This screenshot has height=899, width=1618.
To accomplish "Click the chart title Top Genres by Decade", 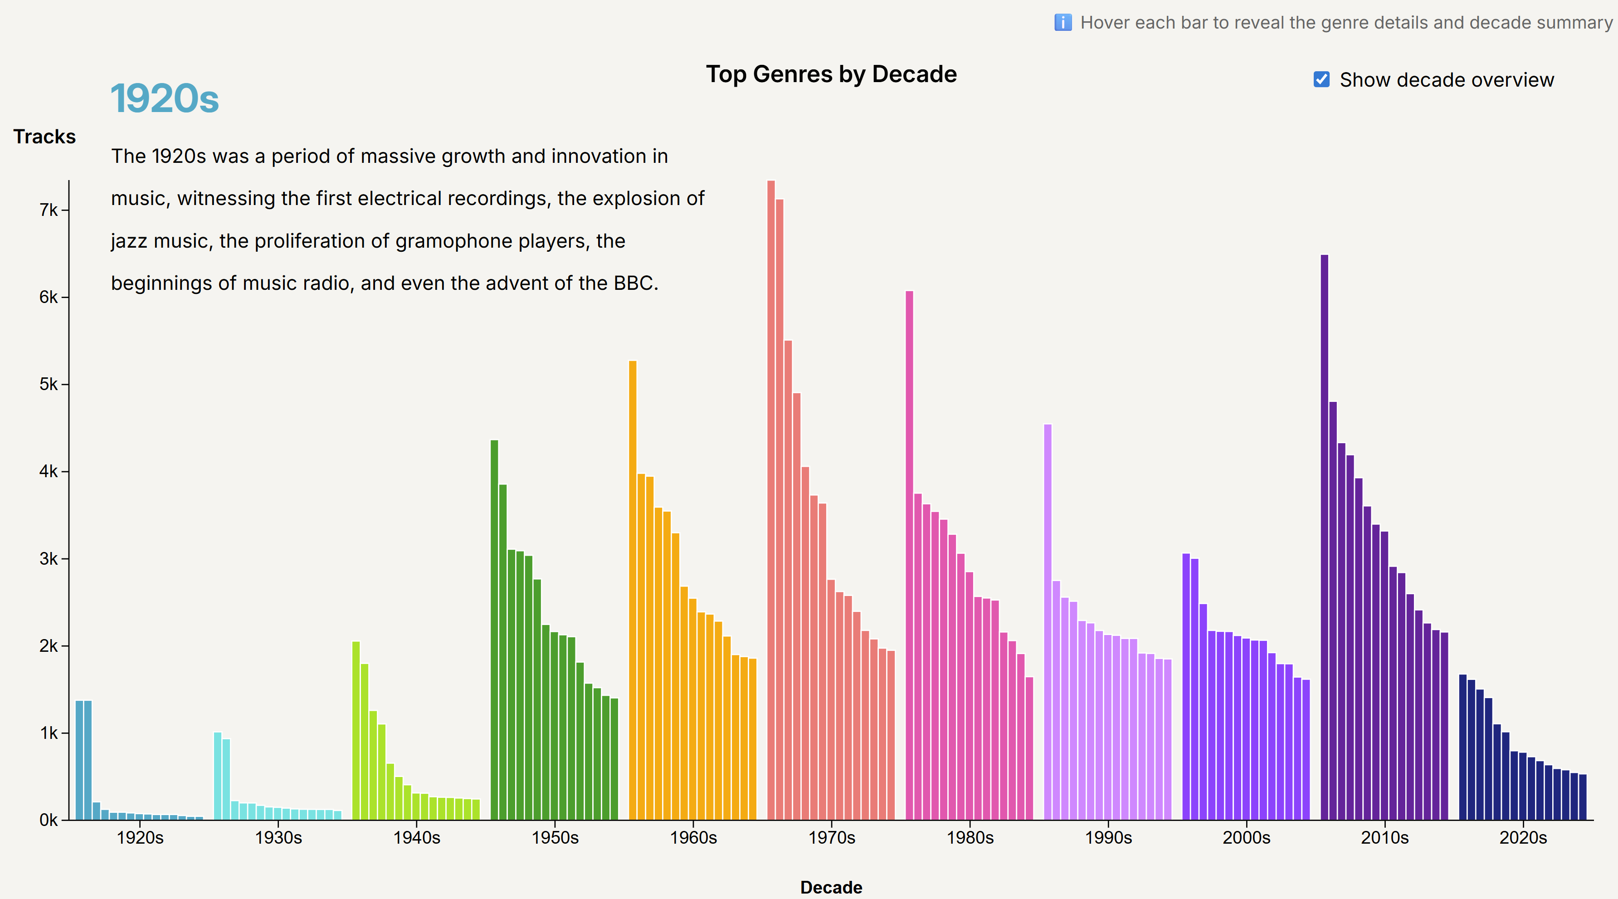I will pyautogui.click(x=831, y=74).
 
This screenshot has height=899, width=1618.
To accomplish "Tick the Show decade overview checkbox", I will pyautogui.click(x=1321, y=80).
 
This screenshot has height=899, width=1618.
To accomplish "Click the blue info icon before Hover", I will pyautogui.click(x=1063, y=23).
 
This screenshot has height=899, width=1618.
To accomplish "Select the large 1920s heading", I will pyautogui.click(x=165, y=98).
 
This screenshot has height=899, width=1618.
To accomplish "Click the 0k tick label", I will pyautogui.click(x=49, y=820).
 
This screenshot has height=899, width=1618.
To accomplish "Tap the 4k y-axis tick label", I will pyautogui.click(x=49, y=471).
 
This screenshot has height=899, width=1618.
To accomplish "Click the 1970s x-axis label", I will pyautogui.click(x=832, y=837).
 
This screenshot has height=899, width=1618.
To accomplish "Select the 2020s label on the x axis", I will pyautogui.click(x=1523, y=837).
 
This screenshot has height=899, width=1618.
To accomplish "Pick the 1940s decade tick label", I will pyautogui.click(x=416, y=837).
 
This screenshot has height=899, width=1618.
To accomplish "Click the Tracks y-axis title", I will pyautogui.click(x=44, y=137).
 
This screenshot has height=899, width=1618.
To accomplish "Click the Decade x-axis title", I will pyautogui.click(x=831, y=887).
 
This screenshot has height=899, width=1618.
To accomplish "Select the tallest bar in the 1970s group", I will pyautogui.click(x=771, y=500).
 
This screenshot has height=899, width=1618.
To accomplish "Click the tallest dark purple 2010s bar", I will pyautogui.click(x=1325, y=537).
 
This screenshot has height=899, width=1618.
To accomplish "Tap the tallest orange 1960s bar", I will pyautogui.click(x=633, y=590).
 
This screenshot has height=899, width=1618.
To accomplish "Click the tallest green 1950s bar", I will pyautogui.click(x=494, y=630).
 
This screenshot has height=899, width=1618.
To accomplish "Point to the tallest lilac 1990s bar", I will pyautogui.click(x=1048, y=622).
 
